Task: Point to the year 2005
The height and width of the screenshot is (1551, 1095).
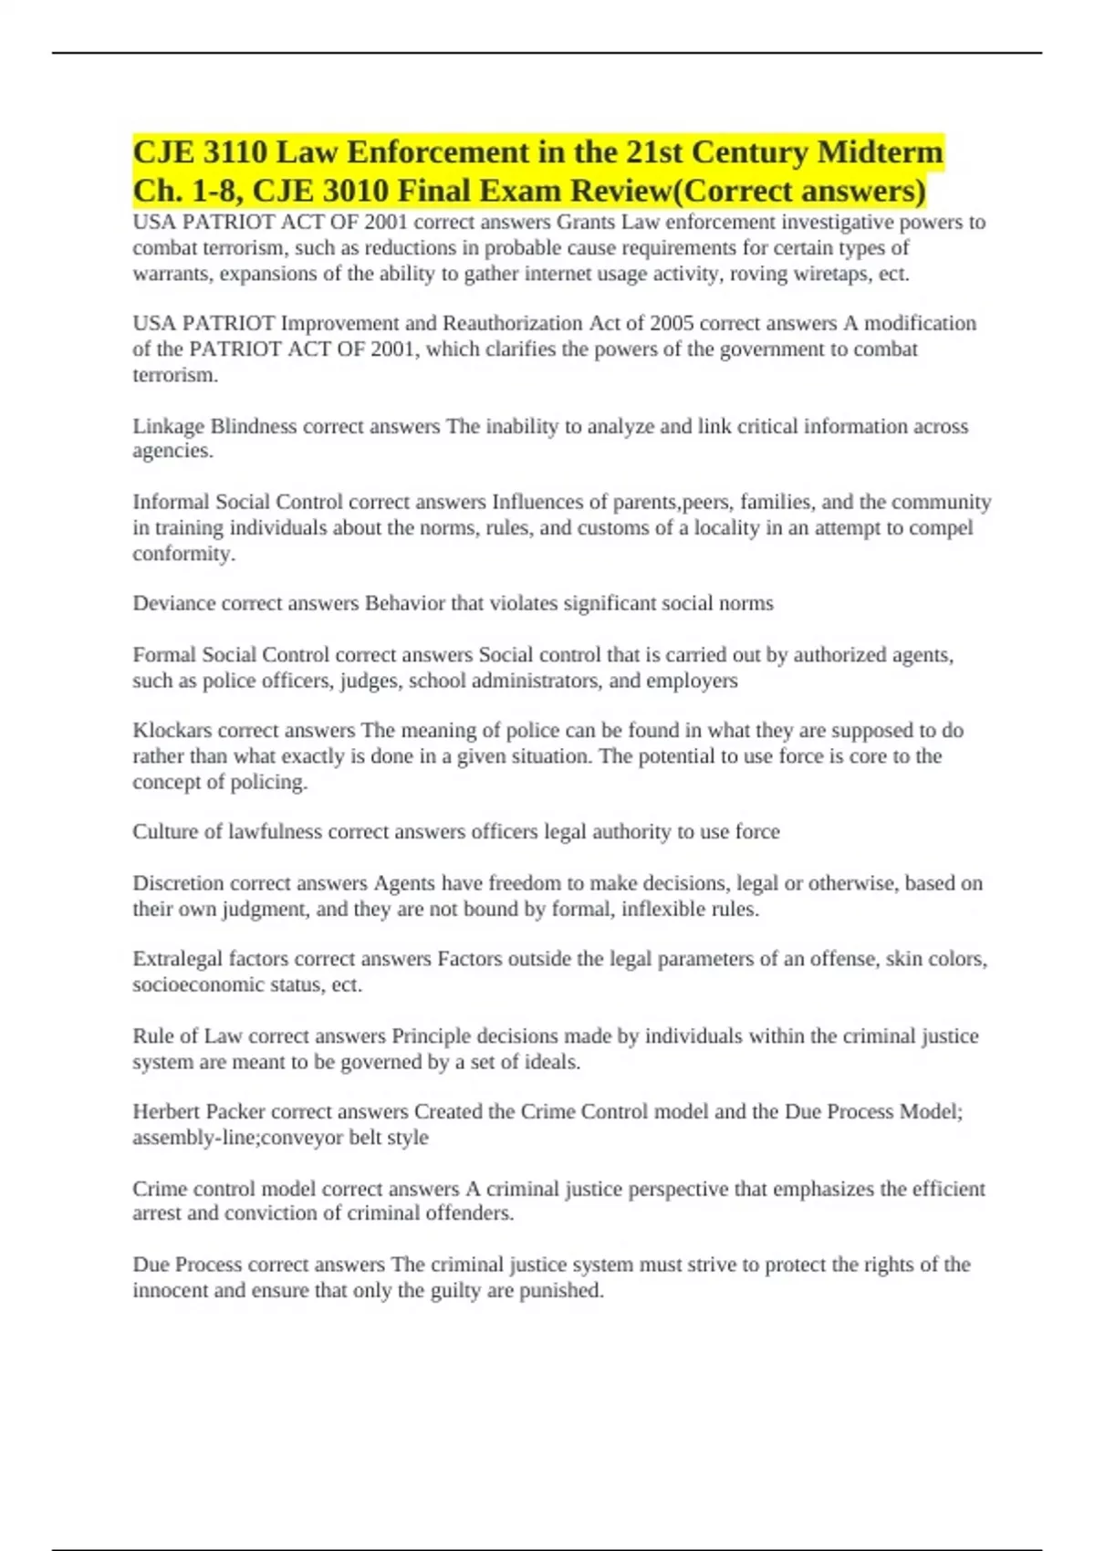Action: (672, 324)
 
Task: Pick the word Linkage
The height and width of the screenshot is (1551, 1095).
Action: (169, 427)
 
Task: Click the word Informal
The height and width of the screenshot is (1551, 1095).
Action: (172, 503)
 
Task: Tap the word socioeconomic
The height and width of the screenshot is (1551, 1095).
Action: (197, 985)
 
